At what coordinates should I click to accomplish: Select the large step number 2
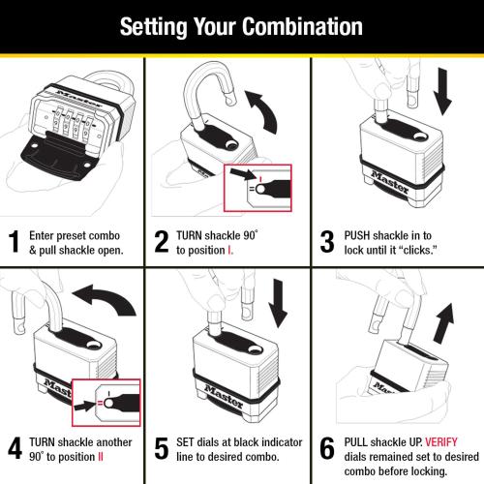161,241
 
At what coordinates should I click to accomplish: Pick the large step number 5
162,448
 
